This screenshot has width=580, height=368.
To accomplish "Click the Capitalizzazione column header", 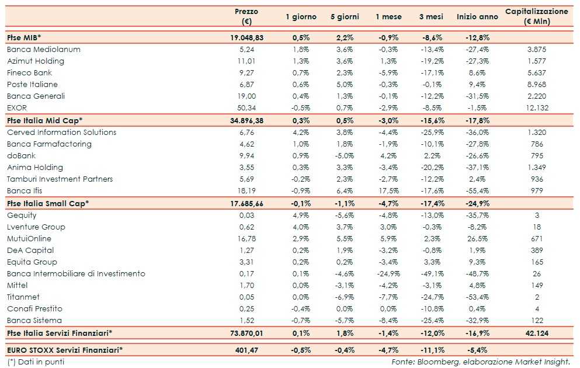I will pyautogui.click(x=536, y=16).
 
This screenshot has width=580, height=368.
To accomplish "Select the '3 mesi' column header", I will pyautogui.click(x=432, y=17).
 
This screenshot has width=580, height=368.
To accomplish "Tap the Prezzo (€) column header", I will pyautogui.click(x=246, y=16).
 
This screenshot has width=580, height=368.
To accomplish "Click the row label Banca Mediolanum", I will pyautogui.click(x=44, y=50).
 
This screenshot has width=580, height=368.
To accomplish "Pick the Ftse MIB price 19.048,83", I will pyautogui.click(x=246, y=37).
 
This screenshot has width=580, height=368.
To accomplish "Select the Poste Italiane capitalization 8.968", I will pyautogui.click(x=537, y=85).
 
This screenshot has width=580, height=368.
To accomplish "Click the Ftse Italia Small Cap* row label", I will pyautogui.click(x=48, y=203).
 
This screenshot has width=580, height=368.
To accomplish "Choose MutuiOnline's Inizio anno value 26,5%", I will pyautogui.click(x=477, y=239).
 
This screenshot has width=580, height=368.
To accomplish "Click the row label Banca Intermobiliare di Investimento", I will pyautogui.click(x=76, y=274).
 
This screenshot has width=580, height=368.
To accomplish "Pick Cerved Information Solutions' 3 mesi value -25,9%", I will pyautogui.click(x=432, y=133).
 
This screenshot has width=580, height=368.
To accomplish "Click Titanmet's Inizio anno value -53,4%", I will pyautogui.click(x=477, y=297).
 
